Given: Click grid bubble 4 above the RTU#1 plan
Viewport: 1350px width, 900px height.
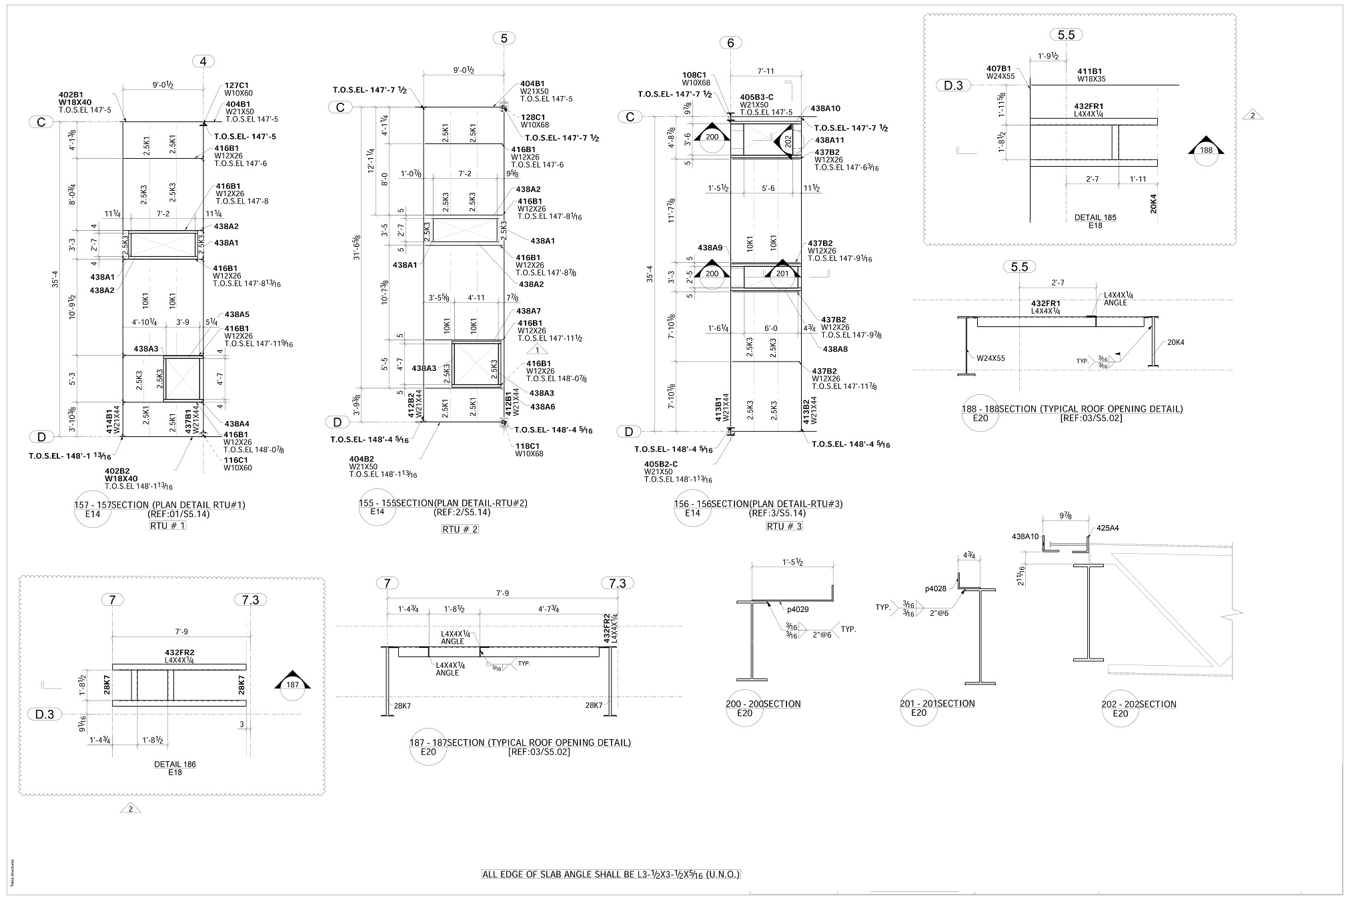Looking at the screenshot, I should (x=203, y=62).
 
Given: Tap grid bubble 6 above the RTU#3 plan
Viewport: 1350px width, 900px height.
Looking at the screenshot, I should (x=730, y=43).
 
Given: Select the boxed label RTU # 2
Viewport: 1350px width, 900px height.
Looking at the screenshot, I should (x=460, y=530).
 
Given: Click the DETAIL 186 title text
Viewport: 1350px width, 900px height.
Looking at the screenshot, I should (x=175, y=765).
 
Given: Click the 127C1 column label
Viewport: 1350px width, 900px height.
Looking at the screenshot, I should (x=237, y=85).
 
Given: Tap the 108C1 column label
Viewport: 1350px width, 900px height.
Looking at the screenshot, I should (x=694, y=75).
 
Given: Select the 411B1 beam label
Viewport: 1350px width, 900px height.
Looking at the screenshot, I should (x=1090, y=71).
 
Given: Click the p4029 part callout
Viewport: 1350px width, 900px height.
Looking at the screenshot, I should (x=798, y=609).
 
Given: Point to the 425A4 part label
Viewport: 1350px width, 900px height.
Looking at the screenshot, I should (x=1107, y=528).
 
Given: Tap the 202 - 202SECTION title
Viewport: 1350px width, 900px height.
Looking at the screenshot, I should (x=1139, y=704).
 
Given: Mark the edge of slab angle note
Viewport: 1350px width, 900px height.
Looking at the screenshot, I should (x=611, y=874).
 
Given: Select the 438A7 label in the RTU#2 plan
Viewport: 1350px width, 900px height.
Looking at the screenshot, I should (x=528, y=312).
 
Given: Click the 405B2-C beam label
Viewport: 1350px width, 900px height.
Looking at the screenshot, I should (x=660, y=463).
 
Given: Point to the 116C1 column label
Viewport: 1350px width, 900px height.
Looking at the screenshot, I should (x=237, y=460).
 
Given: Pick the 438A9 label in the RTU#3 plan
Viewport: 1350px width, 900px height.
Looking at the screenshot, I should (x=710, y=248).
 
